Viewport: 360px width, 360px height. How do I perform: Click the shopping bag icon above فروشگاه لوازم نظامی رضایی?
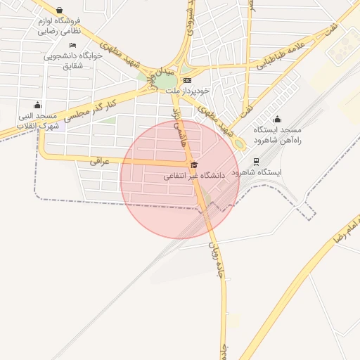click(x=58, y=11)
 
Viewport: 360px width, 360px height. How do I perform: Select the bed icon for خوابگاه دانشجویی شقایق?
click(x=73, y=45)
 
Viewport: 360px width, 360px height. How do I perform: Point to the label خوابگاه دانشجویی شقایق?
click(x=73, y=60)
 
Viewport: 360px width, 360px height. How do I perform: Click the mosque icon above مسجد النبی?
click(x=37, y=105)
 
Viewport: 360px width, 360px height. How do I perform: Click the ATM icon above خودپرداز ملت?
click(x=187, y=80)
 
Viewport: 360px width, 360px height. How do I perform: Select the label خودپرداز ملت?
click(x=188, y=91)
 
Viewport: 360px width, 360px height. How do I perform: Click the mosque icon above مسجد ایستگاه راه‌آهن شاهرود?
click(x=277, y=119)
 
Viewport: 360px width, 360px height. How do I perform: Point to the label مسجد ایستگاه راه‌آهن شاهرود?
click(x=277, y=135)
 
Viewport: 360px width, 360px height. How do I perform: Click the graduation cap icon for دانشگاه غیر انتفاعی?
click(x=194, y=165)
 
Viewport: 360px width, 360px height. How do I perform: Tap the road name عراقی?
click(x=100, y=161)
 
